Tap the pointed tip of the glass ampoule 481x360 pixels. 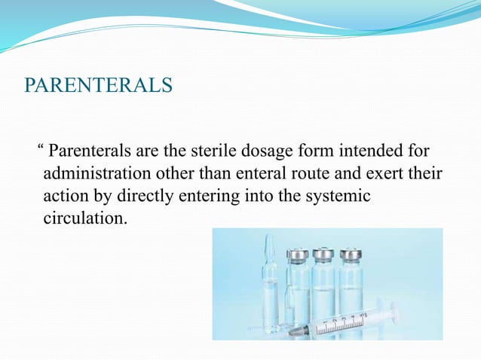click(269, 240)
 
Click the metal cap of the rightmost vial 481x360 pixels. click(350, 254)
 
